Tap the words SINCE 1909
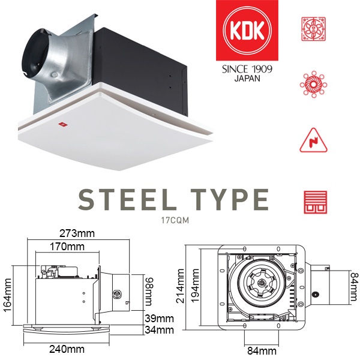247,69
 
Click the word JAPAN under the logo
247,79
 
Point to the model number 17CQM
175,220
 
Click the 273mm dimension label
77,233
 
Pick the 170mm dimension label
67,247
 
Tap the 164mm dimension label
8,295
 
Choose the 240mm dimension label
67,349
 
